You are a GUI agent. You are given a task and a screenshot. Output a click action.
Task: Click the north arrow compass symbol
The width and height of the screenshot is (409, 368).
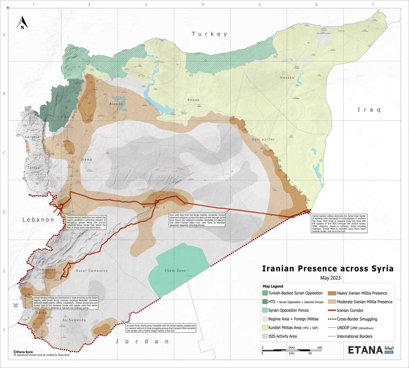point(22,23)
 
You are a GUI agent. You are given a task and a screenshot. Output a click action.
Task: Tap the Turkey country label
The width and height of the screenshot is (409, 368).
point(209,34)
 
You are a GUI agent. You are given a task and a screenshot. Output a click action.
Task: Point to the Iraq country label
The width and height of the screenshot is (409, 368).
point(369,109)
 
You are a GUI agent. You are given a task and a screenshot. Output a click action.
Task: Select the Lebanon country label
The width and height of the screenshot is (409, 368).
point(38,220)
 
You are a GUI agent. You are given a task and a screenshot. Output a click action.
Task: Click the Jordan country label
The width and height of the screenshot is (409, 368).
point(142,341)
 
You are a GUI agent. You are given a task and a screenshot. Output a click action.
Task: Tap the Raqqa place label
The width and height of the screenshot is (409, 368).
point(193,100)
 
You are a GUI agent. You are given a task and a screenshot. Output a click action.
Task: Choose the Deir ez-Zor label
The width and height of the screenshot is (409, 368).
point(263,139)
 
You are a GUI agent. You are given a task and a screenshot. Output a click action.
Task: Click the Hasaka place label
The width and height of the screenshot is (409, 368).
point(287,78)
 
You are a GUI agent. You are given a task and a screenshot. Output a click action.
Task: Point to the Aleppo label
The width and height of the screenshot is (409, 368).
point(116,104)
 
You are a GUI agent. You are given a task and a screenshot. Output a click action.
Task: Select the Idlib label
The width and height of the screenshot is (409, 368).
point(67,117)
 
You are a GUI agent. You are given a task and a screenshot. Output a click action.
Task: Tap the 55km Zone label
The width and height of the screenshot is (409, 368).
point(175,271)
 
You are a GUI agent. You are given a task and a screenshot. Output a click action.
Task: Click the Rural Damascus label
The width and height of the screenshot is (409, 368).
point(92,271)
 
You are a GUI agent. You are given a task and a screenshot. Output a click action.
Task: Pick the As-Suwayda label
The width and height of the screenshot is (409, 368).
point(74,320)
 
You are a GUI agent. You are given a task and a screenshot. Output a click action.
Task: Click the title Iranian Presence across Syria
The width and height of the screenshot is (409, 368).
point(328,269)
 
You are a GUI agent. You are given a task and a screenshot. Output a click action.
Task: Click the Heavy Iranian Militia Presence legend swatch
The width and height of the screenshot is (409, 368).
point(332,293)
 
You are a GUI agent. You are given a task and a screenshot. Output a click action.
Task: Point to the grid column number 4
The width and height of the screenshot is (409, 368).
point(202,4)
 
